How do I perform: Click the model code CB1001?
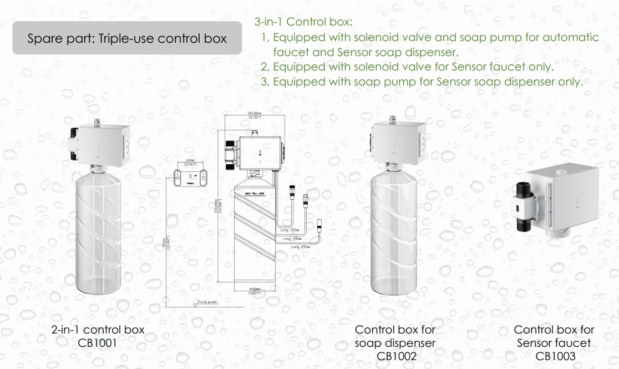coord(98,342)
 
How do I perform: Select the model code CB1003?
coord(555,356)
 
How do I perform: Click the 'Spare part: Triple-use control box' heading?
coord(127,39)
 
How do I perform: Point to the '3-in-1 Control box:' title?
coord(303,23)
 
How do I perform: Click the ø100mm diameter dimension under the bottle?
coord(255,291)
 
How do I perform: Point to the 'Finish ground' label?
coord(207,302)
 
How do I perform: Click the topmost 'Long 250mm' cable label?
coord(290,229)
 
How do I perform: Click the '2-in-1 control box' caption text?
coord(98,330)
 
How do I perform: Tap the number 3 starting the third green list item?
coord(264,82)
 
